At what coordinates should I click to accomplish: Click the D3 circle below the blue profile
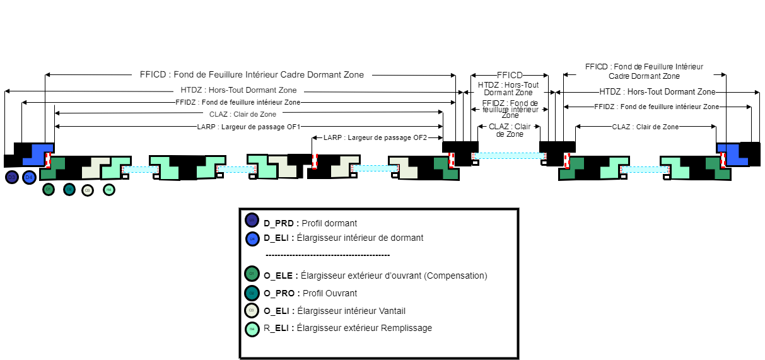(x=11, y=177)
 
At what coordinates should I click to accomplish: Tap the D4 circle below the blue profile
(x=28, y=177)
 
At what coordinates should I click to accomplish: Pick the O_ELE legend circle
(x=252, y=274)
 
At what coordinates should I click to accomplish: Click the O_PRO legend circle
(x=252, y=293)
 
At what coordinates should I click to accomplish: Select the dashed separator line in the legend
(x=327, y=255)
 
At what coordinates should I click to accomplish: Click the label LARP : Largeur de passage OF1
(x=248, y=127)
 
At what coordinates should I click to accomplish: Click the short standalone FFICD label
(x=510, y=74)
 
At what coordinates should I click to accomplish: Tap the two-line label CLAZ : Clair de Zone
(x=510, y=131)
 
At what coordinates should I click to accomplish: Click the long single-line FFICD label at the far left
(x=252, y=74)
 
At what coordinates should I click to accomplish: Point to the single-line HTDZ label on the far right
(x=657, y=92)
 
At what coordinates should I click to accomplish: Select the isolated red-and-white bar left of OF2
(x=315, y=161)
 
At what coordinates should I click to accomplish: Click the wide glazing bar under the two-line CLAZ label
(x=510, y=155)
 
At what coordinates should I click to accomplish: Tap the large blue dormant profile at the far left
(x=38, y=155)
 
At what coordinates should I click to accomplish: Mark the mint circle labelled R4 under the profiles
(x=109, y=189)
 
